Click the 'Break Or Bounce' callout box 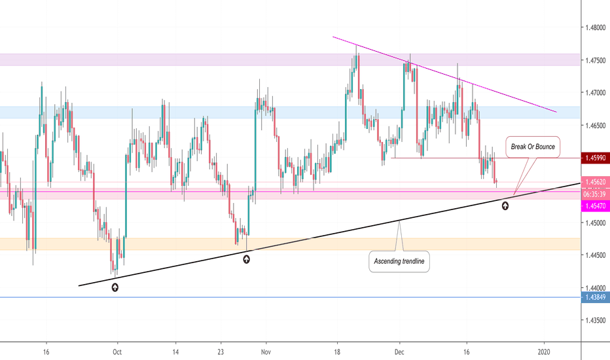(x=532, y=147)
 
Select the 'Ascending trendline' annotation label (x=399, y=262)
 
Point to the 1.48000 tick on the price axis (x=596, y=28)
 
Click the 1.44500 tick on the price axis (x=596, y=255)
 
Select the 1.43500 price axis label (x=596, y=320)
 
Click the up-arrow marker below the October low (x=116, y=287)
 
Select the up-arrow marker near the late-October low (x=246, y=259)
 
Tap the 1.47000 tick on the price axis (x=596, y=93)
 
